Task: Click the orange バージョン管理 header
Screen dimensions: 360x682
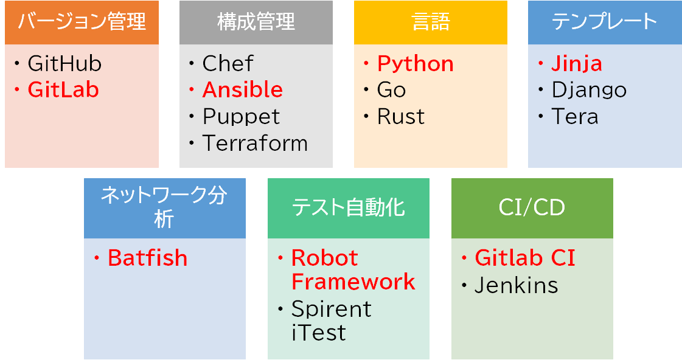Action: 82,22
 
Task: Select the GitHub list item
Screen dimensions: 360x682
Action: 64,64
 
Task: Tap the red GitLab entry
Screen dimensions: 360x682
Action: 63,91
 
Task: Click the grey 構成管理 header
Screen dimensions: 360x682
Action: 256,22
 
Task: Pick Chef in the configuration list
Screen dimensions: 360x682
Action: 228,64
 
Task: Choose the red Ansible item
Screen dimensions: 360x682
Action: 242,91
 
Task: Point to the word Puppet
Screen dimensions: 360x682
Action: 241,117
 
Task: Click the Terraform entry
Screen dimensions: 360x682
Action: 255,144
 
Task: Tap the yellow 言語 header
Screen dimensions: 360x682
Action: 430,22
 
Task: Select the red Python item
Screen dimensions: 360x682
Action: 415,64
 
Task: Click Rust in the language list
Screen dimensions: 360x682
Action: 401,117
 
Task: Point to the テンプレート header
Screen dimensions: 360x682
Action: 605,22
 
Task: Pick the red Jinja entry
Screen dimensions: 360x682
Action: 577,64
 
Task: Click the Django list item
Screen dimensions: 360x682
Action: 589,91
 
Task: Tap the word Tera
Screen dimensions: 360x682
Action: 575,117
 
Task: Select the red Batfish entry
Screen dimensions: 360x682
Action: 147,258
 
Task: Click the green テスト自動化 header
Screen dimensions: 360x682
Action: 348,208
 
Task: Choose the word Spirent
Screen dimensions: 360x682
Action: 331,310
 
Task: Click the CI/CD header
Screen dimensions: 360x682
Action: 532,208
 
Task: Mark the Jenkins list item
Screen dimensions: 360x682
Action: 516,285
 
